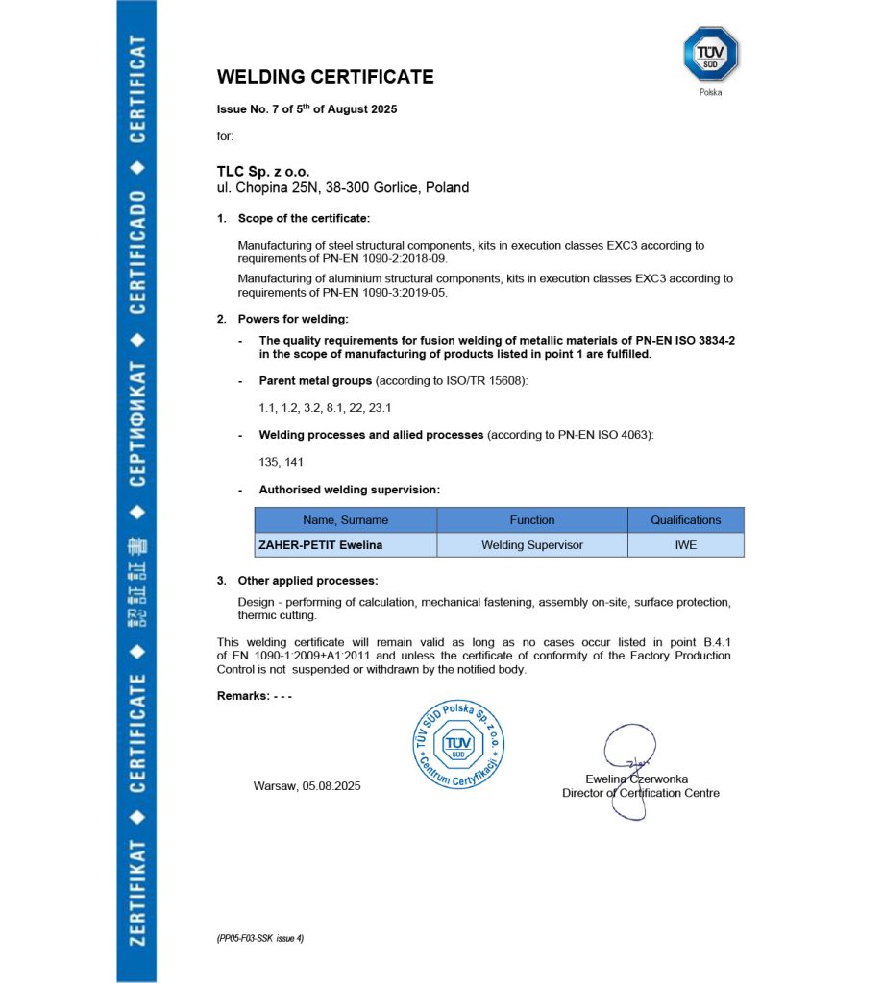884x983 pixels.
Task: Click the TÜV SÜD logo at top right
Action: tap(710, 54)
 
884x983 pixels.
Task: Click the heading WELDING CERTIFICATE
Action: tap(325, 77)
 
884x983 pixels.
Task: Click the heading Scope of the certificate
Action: tap(304, 219)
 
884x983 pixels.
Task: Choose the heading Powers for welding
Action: tap(293, 319)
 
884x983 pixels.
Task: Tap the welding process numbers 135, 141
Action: tap(281, 462)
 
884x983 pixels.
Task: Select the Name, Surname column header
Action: tap(345, 520)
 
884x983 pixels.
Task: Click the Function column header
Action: tap(531, 520)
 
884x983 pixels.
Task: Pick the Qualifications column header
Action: tap(685, 520)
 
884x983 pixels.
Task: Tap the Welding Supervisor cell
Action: tap(531, 545)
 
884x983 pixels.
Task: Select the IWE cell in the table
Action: tap(685, 545)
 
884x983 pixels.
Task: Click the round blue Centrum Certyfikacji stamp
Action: tap(457, 745)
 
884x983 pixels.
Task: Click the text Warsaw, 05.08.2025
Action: tap(307, 785)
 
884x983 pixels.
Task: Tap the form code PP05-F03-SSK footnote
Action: tap(260, 937)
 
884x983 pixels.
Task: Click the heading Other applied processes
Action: tap(307, 581)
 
